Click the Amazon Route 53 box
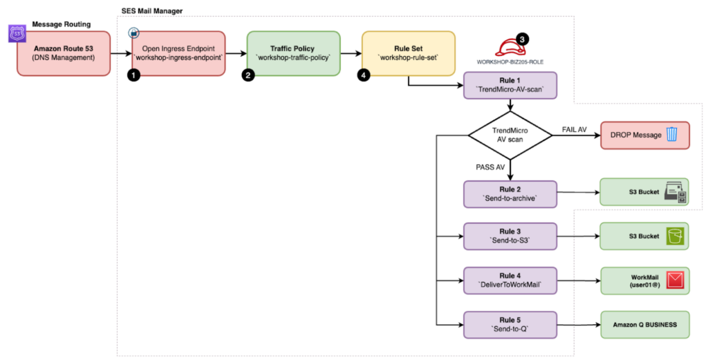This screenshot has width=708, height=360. pyautogui.click(x=64, y=53)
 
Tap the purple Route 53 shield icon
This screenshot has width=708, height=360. pyautogui.click(x=17, y=34)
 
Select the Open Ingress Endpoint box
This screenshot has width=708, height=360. pyautogui.click(x=178, y=53)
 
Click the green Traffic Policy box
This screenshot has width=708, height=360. pyautogui.click(x=293, y=53)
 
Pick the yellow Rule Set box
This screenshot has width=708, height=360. pyautogui.click(x=408, y=53)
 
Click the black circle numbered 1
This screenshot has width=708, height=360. pyautogui.click(x=133, y=75)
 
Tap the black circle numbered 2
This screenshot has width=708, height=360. pyautogui.click(x=248, y=75)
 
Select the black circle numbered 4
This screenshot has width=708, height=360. pyautogui.click(x=364, y=75)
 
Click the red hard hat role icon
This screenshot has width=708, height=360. pyautogui.click(x=510, y=47)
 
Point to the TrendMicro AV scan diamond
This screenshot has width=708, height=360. pyautogui.click(x=510, y=135)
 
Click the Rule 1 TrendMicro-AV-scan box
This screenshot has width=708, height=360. pyautogui.click(x=510, y=85)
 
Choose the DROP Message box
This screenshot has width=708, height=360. pyautogui.click(x=645, y=135)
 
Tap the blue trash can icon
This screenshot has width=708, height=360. pyautogui.click(x=672, y=135)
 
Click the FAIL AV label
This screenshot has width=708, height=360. pyautogui.click(x=575, y=130)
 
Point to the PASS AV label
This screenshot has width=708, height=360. pyautogui.click(x=490, y=167)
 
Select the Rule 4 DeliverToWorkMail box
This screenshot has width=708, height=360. pyautogui.click(x=510, y=281)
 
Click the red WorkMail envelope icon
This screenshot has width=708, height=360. pyautogui.click(x=675, y=281)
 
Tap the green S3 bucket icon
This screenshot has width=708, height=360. pyautogui.click(x=675, y=236)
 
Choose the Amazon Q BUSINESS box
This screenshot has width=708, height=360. pyautogui.click(x=645, y=325)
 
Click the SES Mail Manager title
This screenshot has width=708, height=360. pyautogui.click(x=152, y=11)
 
